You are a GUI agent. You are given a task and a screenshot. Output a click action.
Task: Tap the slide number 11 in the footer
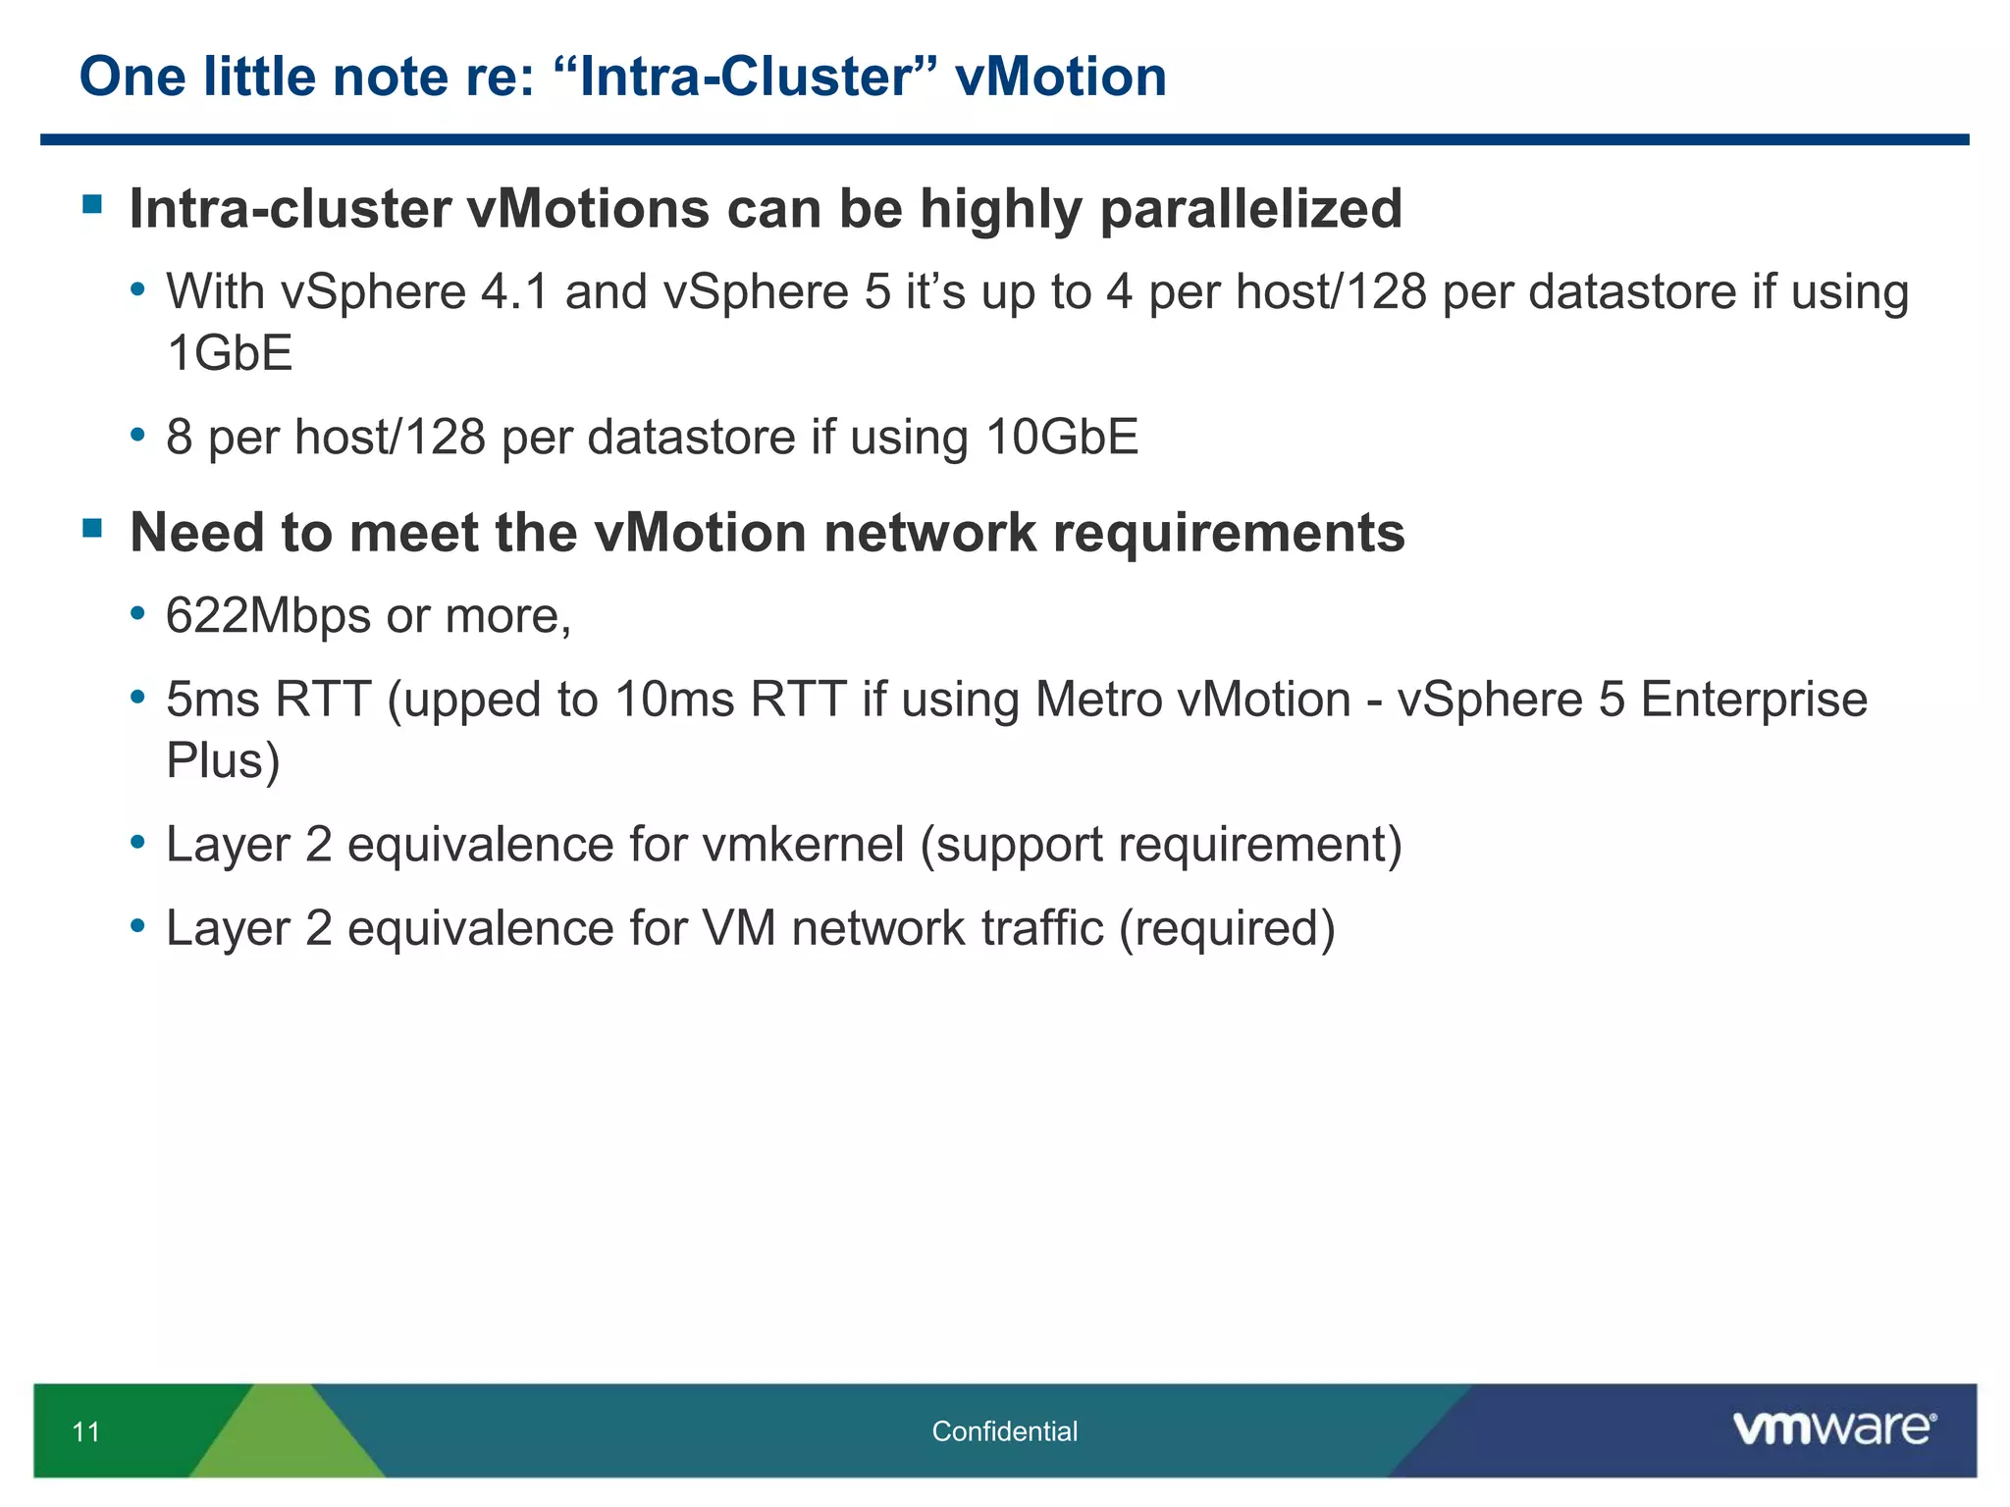coord(86,1432)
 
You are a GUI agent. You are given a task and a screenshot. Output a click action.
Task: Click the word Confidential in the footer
coord(1004,1431)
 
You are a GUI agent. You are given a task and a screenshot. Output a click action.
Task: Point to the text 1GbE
coord(230,353)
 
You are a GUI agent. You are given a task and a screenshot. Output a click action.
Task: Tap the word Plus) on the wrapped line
coord(223,761)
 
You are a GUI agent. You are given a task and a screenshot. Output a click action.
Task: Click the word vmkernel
coord(803,845)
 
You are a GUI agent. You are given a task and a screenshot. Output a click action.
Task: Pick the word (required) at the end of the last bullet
coord(1227,928)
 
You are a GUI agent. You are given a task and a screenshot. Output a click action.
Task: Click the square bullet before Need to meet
coord(93,530)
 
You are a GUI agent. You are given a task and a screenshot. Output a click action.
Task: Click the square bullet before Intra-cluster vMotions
coord(93,204)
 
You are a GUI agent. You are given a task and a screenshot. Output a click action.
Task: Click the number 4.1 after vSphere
coord(514,292)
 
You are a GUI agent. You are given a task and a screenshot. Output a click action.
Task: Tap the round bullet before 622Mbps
coord(137,614)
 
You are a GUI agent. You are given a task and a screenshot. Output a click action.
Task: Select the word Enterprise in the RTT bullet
coord(1753,701)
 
